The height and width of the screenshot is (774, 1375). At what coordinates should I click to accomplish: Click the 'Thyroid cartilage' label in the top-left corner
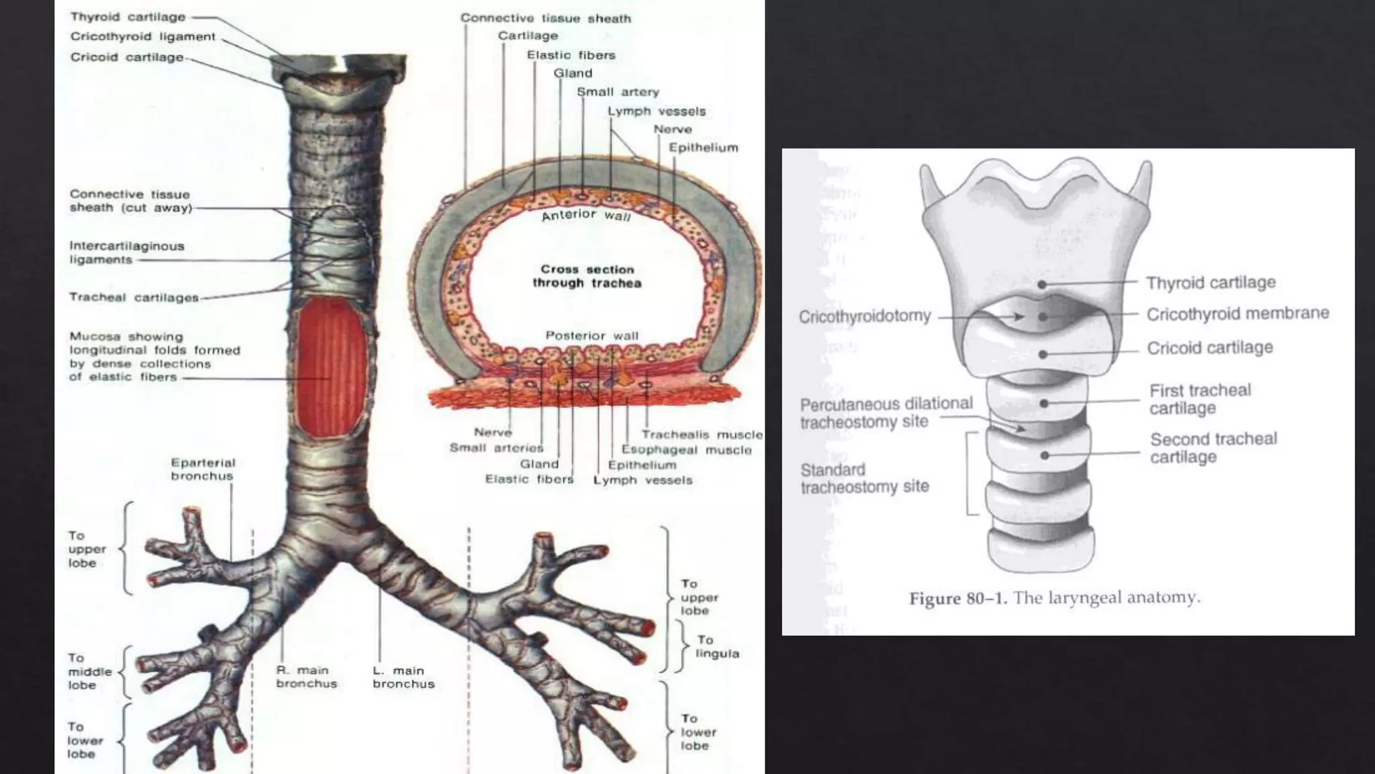[128, 17]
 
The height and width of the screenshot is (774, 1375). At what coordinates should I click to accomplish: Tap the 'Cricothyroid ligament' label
[143, 37]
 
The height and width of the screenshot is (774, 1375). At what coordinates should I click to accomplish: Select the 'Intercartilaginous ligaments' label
[127, 253]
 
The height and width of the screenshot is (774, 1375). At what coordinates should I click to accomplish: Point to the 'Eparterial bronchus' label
[202, 469]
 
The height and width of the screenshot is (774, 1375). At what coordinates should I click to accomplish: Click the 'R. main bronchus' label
[306, 677]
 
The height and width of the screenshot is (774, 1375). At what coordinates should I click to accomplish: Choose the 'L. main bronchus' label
[404, 677]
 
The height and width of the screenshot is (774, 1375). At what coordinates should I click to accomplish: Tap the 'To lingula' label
[717, 646]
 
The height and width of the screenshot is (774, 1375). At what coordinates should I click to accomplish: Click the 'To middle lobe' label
[89, 671]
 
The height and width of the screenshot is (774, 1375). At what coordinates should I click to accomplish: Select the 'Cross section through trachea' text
[587, 276]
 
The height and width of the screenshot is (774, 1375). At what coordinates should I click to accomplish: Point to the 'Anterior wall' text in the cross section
[586, 215]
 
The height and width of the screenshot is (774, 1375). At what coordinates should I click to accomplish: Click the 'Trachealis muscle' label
[702, 435]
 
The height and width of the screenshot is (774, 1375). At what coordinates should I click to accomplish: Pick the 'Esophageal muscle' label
[686, 449]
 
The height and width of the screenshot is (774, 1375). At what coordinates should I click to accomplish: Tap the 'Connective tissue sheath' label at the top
[545, 18]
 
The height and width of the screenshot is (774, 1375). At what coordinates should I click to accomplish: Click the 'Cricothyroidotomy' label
[865, 316]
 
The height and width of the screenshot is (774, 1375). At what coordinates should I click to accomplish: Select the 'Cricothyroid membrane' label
[1237, 314]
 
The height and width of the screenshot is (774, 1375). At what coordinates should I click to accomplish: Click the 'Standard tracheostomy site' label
[864, 478]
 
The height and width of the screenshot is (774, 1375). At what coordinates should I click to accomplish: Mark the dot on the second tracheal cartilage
[1045, 456]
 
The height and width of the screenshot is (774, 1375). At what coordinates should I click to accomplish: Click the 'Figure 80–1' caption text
[1054, 598]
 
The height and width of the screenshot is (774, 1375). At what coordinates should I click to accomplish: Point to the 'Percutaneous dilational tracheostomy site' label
[886, 413]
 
